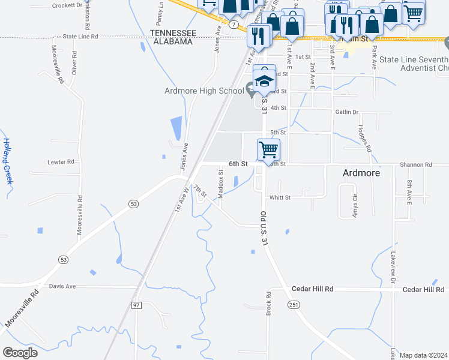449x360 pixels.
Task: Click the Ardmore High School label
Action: coord(203,91)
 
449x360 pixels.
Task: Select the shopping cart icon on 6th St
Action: coord(268,149)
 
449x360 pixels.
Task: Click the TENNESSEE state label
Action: coord(173,32)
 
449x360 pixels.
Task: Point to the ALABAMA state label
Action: coord(172,41)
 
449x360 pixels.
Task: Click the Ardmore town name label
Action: coord(361,173)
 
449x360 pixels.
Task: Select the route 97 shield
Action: coord(136,305)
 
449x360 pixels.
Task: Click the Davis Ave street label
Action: coord(62,286)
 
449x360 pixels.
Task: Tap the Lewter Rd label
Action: coord(61,162)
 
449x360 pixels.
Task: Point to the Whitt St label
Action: coord(280,197)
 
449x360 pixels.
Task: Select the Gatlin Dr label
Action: coord(347,112)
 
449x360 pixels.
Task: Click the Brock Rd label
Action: coord(269,304)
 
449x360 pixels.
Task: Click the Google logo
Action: coord(20,353)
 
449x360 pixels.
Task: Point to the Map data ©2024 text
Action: coord(423,355)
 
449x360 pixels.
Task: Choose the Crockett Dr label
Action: coord(67,5)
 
